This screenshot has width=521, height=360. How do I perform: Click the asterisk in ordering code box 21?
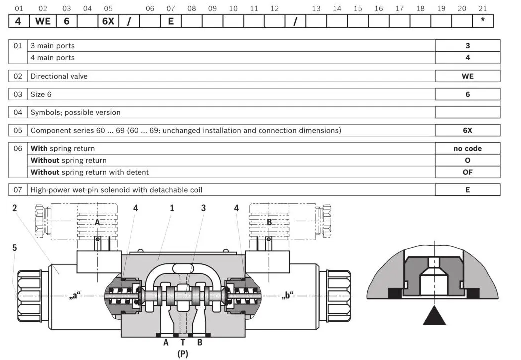tap(483, 21)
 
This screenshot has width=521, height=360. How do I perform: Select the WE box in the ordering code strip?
tap(43, 21)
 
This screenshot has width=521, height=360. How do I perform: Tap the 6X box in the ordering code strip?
tap(108, 21)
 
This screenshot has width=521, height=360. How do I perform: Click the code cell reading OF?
tap(467, 172)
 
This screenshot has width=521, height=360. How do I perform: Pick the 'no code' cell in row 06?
tap(467, 149)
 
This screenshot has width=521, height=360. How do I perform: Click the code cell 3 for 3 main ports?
tap(467, 46)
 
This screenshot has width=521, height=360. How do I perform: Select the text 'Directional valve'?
tap(59, 76)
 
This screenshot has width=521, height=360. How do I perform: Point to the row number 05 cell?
tap(18, 130)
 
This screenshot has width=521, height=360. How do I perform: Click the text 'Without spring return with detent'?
tap(90, 172)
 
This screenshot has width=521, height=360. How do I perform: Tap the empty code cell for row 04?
tap(467, 112)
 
